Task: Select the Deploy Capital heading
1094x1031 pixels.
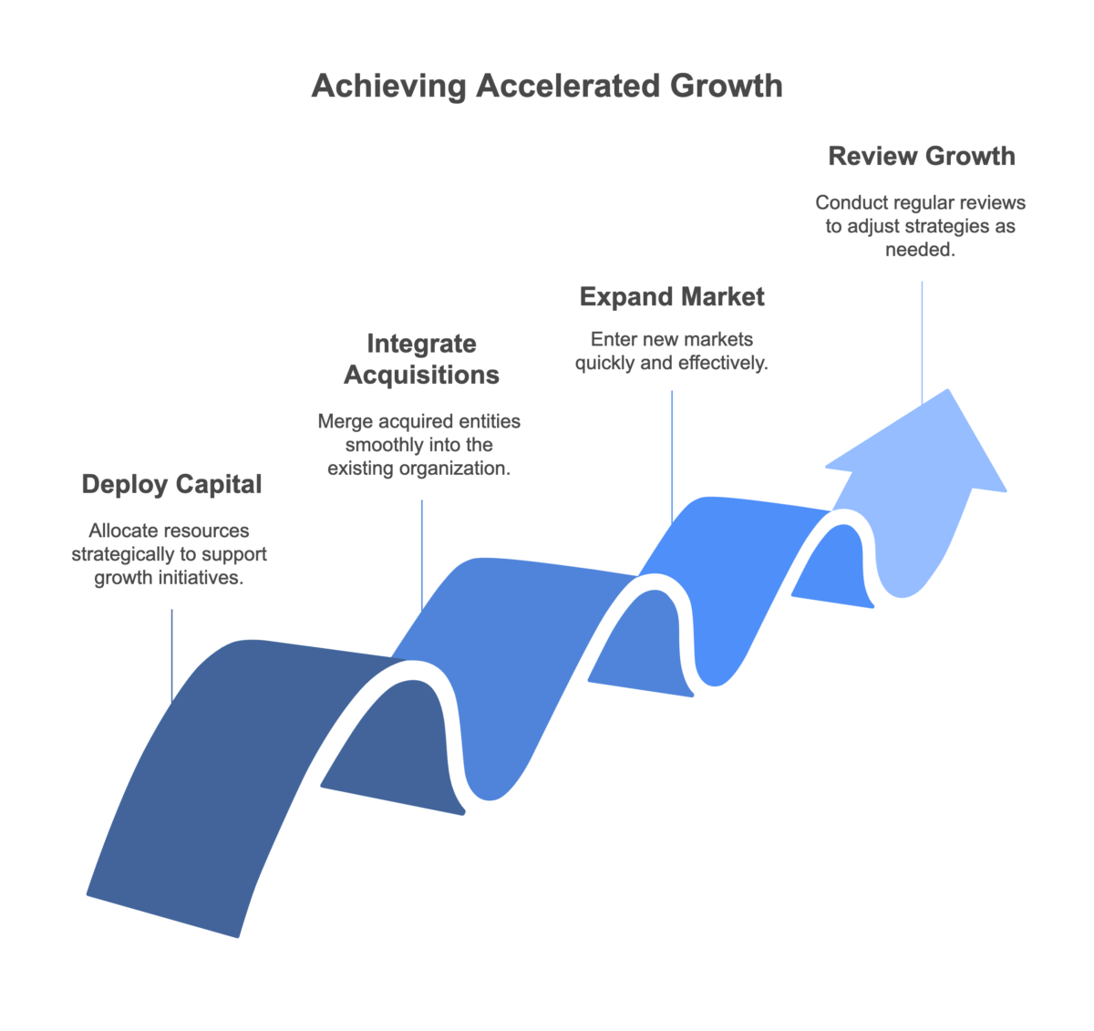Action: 171,484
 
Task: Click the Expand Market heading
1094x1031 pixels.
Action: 672,296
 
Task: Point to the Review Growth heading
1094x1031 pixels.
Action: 922,156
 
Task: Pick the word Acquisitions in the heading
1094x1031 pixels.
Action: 421,374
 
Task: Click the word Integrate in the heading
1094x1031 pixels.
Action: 421,344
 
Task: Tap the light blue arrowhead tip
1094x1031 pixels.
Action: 948,394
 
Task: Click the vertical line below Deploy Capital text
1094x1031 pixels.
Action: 171,652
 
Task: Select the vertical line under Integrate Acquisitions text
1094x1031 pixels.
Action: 422,552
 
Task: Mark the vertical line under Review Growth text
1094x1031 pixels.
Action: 922,337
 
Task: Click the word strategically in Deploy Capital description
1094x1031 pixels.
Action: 118,554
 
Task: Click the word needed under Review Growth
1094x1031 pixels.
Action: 921,250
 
